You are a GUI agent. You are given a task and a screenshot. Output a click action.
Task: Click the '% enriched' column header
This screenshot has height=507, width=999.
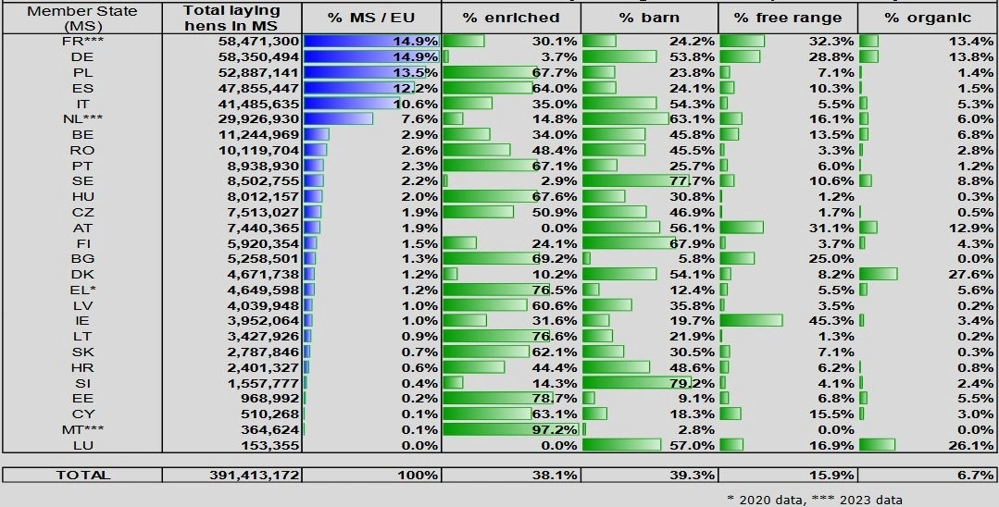pyautogui.click(x=511, y=18)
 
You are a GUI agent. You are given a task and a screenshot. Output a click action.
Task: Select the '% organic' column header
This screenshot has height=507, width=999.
pyautogui.click(x=927, y=18)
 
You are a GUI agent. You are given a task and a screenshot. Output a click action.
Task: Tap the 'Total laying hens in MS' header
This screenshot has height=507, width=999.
pyautogui.click(x=231, y=18)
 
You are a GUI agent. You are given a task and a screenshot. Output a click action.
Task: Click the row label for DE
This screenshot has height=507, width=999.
pyautogui.click(x=82, y=56)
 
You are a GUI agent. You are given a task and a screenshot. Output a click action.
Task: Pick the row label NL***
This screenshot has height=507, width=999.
pyautogui.click(x=82, y=118)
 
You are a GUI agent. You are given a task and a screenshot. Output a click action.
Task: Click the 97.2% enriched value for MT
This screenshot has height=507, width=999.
pyautogui.click(x=556, y=429)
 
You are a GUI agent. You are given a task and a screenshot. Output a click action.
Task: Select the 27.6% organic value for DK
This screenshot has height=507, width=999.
pyautogui.click(x=971, y=275)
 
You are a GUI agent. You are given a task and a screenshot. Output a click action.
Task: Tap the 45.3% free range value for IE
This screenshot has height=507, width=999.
pyautogui.click(x=831, y=321)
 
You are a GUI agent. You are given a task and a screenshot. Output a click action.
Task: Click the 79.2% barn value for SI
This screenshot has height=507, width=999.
pyautogui.click(x=692, y=383)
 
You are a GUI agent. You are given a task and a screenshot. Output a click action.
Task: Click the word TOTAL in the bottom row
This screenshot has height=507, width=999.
pyautogui.click(x=82, y=476)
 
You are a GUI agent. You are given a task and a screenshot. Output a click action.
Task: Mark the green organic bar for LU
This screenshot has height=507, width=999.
pyautogui.click(x=877, y=445)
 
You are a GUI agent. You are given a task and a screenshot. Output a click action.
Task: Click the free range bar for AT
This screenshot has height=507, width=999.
pyautogui.click(x=742, y=228)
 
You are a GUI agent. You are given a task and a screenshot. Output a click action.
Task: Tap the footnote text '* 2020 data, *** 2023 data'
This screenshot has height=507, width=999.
pyautogui.click(x=814, y=500)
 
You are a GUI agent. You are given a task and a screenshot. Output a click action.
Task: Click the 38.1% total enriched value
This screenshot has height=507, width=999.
pyautogui.click(x=556, y=476)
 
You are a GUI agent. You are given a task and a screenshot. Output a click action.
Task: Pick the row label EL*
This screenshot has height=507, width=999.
pyautogui.click(x=82, y=290)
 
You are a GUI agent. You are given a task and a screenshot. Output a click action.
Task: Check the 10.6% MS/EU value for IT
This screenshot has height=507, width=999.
pyautogui.click(x=416, y=104)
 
